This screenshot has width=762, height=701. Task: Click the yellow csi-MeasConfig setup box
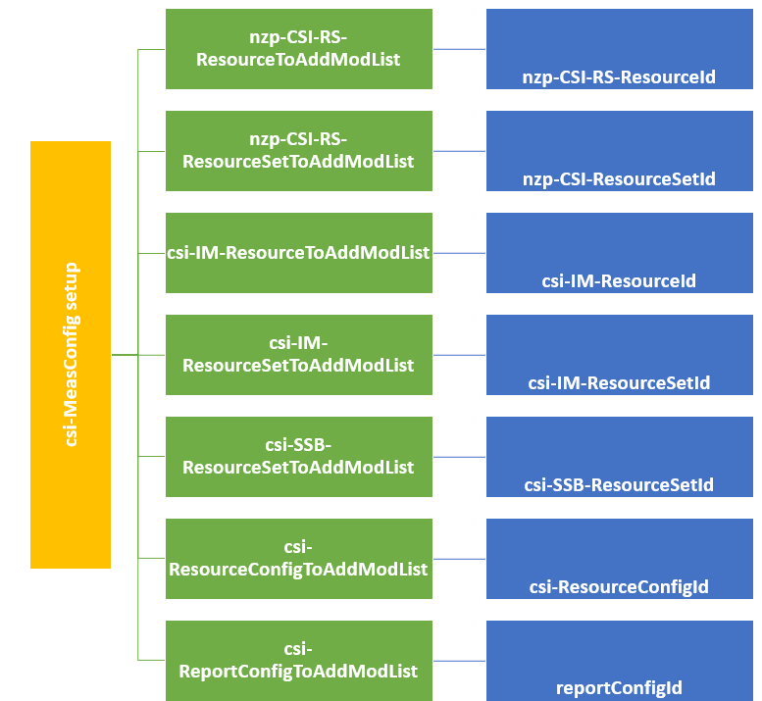[x=71, y=355]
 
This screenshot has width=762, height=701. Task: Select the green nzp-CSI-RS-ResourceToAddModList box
[x=298, y=49]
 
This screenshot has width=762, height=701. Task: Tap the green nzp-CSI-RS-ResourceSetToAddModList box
[x=298, y=151]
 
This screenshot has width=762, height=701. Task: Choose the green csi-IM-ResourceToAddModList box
[x=298, y=253]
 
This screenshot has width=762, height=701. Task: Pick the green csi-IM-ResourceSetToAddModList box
[x=298, y=355]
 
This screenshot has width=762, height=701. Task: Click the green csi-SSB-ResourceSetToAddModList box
[x=298, y=457]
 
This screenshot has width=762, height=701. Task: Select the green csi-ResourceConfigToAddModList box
[x=298, y=559]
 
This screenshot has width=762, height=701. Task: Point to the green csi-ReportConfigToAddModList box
[x=298, y=661]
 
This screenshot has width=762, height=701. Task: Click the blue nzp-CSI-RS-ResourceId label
[x=619, y=76]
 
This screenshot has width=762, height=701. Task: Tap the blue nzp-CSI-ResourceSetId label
[x=619, y=179]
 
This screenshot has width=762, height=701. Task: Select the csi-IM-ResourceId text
[x=619, y=281]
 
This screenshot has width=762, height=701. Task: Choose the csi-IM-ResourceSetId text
[x=619, y=383]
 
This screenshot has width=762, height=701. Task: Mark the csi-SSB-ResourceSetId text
[x=619, y=485]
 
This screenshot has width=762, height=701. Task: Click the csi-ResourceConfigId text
[x=619, y=587]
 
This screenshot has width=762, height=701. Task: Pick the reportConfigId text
[x=619, y=688]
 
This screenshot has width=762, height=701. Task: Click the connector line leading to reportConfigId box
[x=459, y=661]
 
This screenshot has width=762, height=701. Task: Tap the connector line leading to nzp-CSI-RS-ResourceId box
[x=459, y=49]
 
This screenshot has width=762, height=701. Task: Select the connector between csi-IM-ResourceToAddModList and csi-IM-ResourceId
[x=459, y=253]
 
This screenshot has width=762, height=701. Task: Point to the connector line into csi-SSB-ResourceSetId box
[x=459, y=457]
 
